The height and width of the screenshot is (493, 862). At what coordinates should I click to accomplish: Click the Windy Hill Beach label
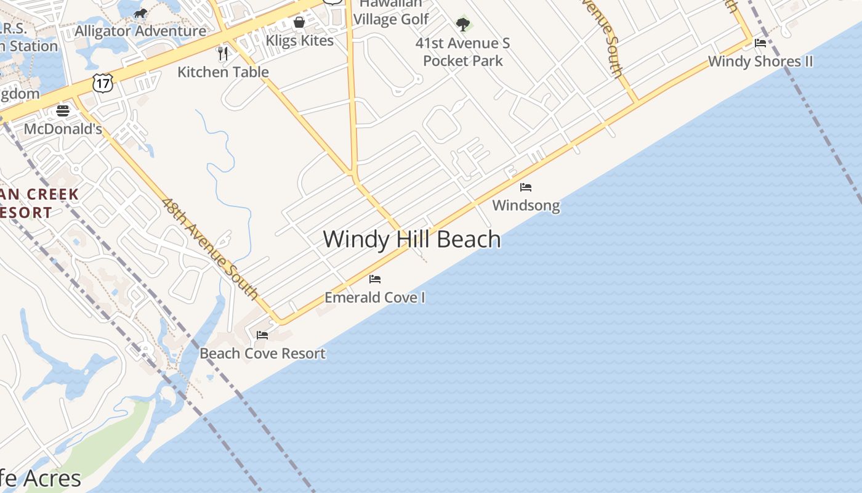tap(411, 239)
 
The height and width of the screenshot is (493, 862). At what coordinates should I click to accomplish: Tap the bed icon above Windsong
tap(526, 187)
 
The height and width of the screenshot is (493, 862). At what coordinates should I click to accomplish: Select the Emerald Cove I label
tap(375, 297)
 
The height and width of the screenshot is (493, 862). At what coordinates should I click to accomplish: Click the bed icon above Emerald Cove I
tap(375, 279)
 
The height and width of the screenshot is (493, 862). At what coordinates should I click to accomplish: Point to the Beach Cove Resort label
tap(262, 353)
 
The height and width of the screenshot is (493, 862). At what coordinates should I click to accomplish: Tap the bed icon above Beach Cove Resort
tap(262, 335)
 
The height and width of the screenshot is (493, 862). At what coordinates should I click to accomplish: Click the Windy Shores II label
tap(760, 61)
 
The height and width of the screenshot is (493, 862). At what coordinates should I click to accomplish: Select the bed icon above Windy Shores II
tap(760, 43)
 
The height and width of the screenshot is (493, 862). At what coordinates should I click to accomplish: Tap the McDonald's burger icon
tap(63, 111)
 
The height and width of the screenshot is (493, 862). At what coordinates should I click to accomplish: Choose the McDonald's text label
tap(63, 129)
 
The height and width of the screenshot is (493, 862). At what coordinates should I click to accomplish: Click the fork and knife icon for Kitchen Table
tap(223, 54)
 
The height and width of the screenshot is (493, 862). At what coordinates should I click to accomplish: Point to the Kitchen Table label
tap(223, 71)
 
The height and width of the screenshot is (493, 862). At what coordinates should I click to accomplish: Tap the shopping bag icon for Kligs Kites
tap(299, 22)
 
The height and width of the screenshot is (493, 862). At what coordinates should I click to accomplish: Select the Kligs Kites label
tap(299, 41)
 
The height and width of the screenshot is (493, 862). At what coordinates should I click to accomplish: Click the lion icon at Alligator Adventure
tap(140, 13)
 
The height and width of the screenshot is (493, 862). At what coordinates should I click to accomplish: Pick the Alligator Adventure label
tap(140, 31)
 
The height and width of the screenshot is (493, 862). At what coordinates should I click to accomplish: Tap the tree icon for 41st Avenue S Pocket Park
tap(463, 25)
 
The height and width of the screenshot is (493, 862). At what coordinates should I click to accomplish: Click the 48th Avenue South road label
tap(210, 248)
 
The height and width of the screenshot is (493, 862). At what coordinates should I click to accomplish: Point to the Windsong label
tap(526, 205)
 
